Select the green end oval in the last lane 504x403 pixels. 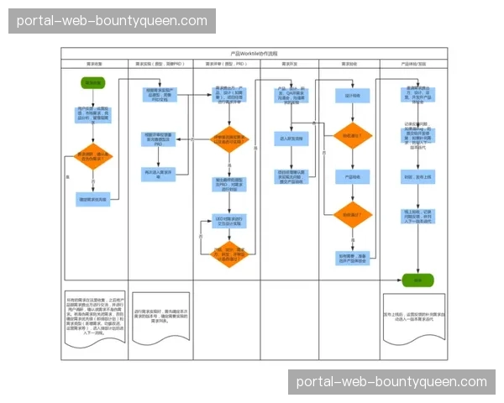[412, 279]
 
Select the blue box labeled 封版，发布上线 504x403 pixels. [412, 177]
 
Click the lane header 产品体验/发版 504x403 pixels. [412, 64]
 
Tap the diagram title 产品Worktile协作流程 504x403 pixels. [253, 53]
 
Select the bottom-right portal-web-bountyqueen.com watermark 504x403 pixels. [391, 381]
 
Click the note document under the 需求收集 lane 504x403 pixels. [95, 318]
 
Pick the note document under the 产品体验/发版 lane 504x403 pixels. [412, 317]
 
